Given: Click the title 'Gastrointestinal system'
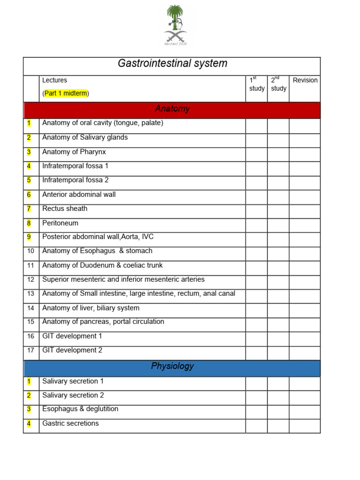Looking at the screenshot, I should point(172,64).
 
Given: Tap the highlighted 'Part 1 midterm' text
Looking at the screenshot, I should point(66,93).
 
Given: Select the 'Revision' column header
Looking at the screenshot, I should point(305,80).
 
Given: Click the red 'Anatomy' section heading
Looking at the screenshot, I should point(172,109).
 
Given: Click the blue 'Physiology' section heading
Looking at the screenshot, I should point(172,367).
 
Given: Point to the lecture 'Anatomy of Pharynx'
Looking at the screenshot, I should point(74,152).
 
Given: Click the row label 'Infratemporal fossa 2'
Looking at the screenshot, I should point(75,180).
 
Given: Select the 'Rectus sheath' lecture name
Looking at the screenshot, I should point(65,209).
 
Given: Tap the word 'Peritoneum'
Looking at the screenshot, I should point(60,223).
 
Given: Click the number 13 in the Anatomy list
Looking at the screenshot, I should point(31,294).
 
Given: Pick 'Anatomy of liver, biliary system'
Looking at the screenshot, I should point(90,308).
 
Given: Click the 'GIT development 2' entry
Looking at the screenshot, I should point(72,350).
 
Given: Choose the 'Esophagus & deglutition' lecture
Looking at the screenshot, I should point(80,409).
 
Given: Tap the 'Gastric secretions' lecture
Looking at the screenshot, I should point(70,423).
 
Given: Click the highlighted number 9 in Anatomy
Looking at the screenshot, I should point(29,237).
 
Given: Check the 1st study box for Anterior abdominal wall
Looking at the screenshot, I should point(256,197).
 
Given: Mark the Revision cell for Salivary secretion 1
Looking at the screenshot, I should point(305,384).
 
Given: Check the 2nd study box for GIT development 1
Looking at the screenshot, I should point(278,339).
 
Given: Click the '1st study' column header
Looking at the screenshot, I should point(256,84).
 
